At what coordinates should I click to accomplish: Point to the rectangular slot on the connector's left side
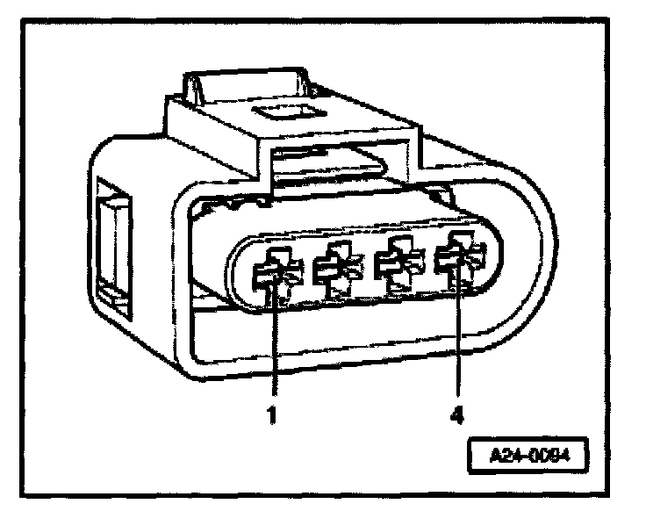click(x=113, y=247)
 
